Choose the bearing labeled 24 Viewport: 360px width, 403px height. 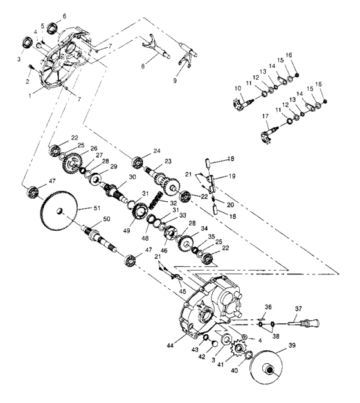(x=137, y=161)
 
